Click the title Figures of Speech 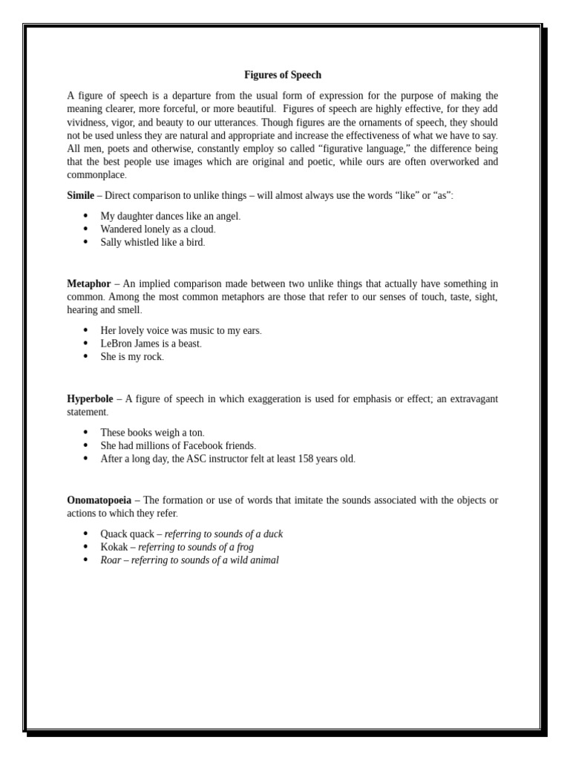click(283, 75)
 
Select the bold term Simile click(80, 195)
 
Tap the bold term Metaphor click(88, 284)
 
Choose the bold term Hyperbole click(90, 399)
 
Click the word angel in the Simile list click(226, 216)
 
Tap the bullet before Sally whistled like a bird click(85, 242)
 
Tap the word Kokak click(114, 547)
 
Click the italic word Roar click(111, 560)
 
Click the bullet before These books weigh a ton click(85, 432)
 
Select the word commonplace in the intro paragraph click(96, 175)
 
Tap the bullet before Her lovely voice click(85, 330)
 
